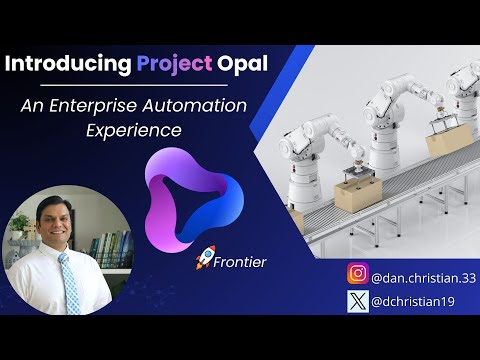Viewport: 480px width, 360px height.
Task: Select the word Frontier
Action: click(239, 262)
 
